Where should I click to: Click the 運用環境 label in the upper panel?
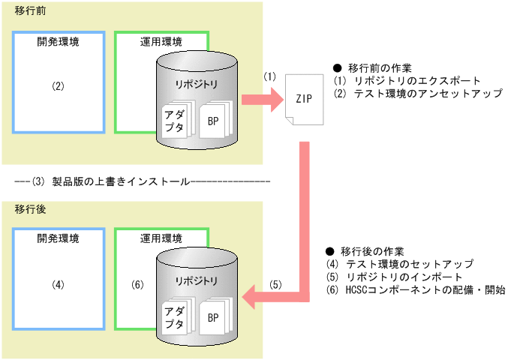coord(161,43)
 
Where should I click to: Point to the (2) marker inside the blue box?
coord(59,85)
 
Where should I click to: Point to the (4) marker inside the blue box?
coord(59,284)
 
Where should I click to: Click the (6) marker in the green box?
coord(137,284)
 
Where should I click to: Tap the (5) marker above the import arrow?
coord(276,285)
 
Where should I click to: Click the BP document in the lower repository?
coord(214,318)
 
